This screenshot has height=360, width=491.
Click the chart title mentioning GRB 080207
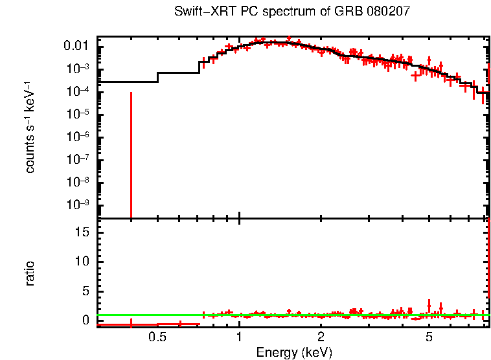coord(291,12)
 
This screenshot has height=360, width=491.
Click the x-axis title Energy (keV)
coord(294,352)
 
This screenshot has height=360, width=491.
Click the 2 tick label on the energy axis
coord(321,338)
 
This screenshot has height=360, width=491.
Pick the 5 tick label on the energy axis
coord(429,338)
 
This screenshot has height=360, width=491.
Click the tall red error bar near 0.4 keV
coord(131,155)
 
